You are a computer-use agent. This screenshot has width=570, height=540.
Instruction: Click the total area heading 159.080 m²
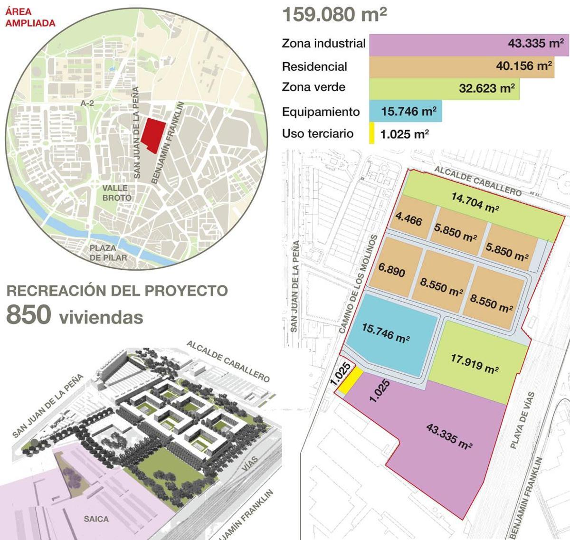pos(334,14)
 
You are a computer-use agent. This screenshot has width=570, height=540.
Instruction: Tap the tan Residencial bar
pos(461,66)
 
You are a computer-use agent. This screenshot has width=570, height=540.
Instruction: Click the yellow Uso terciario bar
pos(371,133)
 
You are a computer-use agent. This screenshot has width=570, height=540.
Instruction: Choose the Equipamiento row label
pos(321,112)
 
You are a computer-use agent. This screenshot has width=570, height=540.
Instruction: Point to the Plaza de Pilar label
pos(108,253)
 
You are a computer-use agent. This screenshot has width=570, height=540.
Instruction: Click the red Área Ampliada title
pos(30,18)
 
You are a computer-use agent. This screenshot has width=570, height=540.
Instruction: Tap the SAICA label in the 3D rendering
pos(96,519)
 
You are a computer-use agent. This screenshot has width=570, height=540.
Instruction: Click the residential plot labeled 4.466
pos(409,219)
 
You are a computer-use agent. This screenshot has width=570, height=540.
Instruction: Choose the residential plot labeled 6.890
pos(392,270)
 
